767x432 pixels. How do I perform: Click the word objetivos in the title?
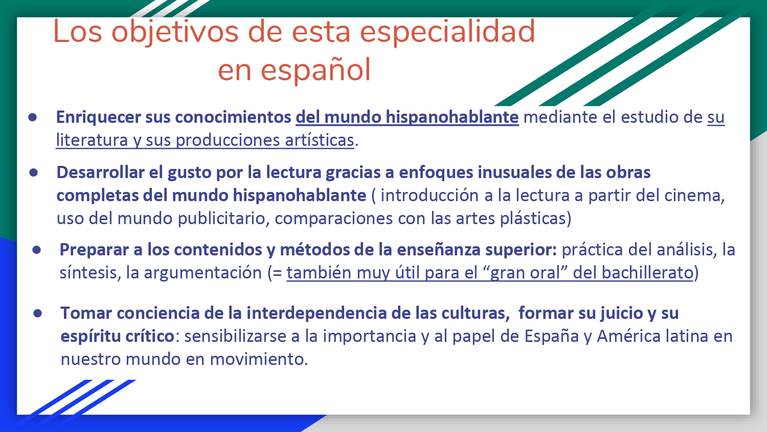(x=175, y=32)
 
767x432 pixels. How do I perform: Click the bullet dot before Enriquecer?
(x=33, y=118)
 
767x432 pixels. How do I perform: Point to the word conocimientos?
(x=233, y=117)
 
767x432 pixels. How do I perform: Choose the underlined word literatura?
(x=92, y=140)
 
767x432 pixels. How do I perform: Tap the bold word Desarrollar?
(x=100, y=172)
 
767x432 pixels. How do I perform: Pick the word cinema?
(x=694, y=196)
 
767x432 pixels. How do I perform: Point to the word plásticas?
(x=535, y=219)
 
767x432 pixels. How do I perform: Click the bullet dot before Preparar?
(x=37, y=250)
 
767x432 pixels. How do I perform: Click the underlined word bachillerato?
(x=647, y=273)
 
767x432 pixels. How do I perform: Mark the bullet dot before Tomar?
(x=38, y=313)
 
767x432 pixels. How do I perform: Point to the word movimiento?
(x=259, y=359)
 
